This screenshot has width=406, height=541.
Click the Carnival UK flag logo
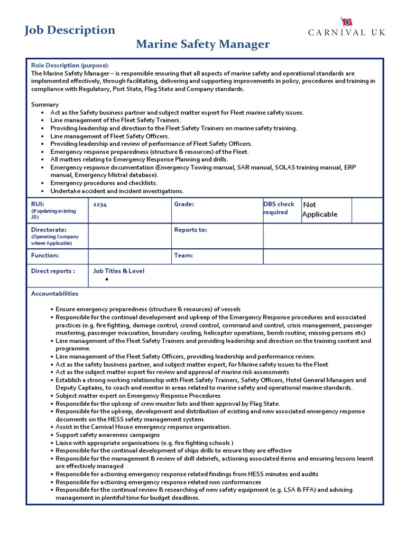pyautogui.click(x=347, y=22)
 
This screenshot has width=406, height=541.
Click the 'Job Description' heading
pyautogui.click(x=70, y=30)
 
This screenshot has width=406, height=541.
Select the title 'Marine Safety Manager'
pyautogui.click(x=203, y=44)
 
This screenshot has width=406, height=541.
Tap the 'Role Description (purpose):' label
pyautogui.click(x=70, y=65)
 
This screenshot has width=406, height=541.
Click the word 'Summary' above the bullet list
pyautogui.click(x=45, y=105)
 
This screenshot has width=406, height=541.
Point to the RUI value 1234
pyautogui.click(x=100, y=204)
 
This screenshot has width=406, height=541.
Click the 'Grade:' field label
pyautogui.click(x=184, y=204)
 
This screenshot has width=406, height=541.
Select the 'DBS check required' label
pyautogui.click(x=279, y=208)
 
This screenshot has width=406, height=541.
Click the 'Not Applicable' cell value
pyautogui.click(x=320, y=209)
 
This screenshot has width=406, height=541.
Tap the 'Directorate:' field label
pyautogui.click(x=49, y=230)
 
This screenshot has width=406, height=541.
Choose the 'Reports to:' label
pyautogui.click(x=190, y=230)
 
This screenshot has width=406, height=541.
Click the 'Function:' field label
pyautogui.click(x=45, y=255)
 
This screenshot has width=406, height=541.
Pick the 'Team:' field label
pyautogui.click(x=183, y=255)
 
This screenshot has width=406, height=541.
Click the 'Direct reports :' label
pyautogui.click(x=53, y=271)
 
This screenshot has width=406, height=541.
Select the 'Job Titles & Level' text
pyautogui.click(x=118, y=271)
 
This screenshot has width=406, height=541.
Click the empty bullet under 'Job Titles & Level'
pyautogui.click(x=106, y=279)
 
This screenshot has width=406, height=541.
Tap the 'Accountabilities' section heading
pyautogui.click(x=54, y=294)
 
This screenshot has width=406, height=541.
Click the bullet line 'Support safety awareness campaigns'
pyautogui.click(x=108, y=435)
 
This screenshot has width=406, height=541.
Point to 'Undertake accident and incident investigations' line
pyautogui.click(x=117, y=191)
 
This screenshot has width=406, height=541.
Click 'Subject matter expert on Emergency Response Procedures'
pyautogui.click(x=138, y=396)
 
